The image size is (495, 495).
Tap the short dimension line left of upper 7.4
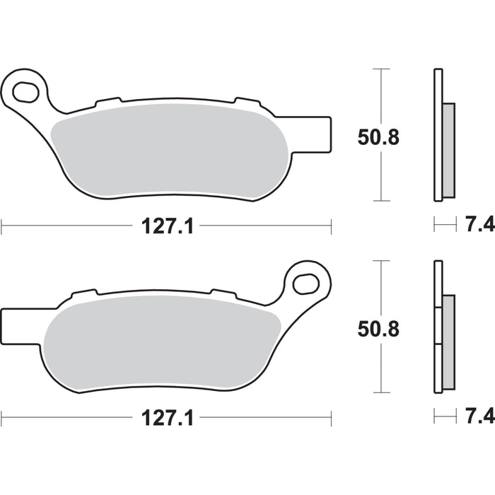tap(445, 226)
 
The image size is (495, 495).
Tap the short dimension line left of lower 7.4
tap(445, 417)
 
